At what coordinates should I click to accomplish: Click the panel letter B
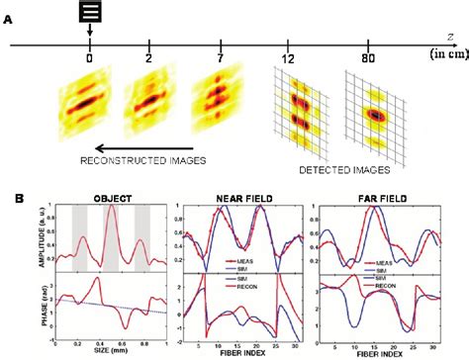[9, 197]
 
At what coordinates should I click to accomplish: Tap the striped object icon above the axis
[89, 13]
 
